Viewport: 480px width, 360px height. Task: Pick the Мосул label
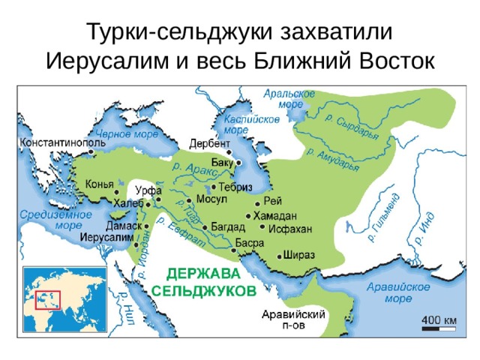point(211,199)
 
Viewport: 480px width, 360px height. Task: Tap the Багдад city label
point(226,226)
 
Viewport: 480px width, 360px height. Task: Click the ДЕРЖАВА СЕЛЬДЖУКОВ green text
point(204,280)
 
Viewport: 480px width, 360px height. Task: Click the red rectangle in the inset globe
point(48,298)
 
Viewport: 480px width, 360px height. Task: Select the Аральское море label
point(289,99)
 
